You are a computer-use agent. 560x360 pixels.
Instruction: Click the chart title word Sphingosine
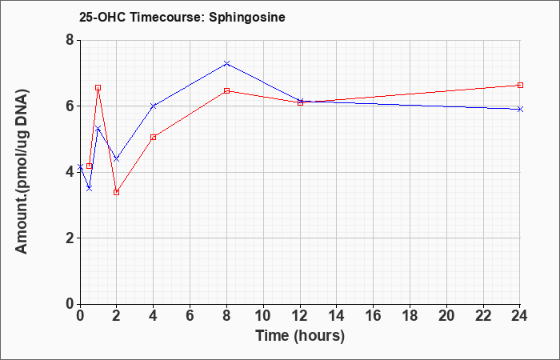click(x=247, y=18)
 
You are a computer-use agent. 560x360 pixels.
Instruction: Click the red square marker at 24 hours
click(x=520, y=85)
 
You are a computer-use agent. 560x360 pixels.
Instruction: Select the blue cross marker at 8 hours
click(x=226, y=63)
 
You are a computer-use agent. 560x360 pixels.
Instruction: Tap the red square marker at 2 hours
click(x=116, y=192)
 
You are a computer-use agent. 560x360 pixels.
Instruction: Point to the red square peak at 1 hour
click(x=98, y=87)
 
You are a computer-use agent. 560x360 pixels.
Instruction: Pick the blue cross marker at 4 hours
click(x=154, y=106)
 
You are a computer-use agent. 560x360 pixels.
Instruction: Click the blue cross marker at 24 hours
click(x=520, y=109)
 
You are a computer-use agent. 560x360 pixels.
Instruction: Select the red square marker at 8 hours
click(x=226, y=90)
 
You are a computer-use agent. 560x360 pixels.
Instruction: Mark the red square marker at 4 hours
click(x=154, y=137)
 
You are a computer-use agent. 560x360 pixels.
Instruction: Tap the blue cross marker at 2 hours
click(x=116, y=158)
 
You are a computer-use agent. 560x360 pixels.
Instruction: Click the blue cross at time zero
click(x=80, y=166)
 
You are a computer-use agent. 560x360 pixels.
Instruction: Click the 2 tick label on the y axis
click(x=70, y=238)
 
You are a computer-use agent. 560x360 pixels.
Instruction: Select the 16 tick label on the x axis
click(x=374, y=316)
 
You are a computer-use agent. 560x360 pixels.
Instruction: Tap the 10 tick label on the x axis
click(x=263, y=316)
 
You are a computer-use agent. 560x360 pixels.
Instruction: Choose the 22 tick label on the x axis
click(x=483, y=316)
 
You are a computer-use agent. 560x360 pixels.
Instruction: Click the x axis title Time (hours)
click(x=300, y=336)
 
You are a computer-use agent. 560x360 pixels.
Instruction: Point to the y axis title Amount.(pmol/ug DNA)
click(x=22, y=172)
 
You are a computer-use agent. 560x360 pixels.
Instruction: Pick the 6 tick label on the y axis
click(x=70, y=106)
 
